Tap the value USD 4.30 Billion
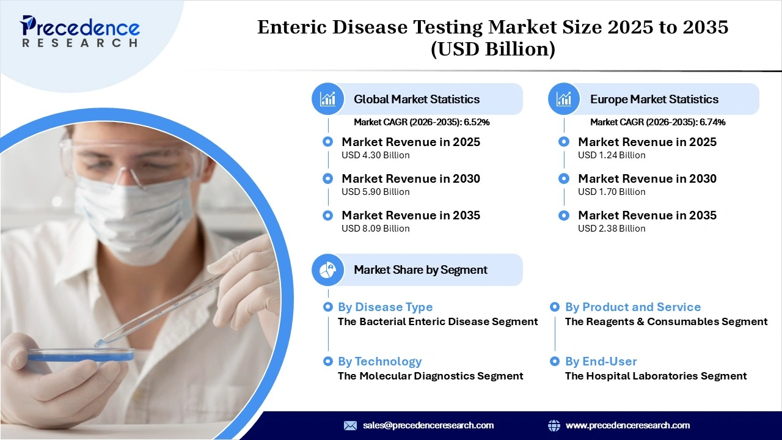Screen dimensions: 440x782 pos(375,155)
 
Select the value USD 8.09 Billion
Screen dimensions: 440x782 pos(375,229)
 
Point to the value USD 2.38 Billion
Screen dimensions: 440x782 pos(612,229)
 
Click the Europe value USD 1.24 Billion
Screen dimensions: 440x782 pos(612,155)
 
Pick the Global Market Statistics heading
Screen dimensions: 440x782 pos(417,99)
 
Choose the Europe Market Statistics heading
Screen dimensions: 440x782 pos(654,99)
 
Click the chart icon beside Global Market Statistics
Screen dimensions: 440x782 pos(328,99)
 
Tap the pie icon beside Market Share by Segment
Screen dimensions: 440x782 pos(328,269)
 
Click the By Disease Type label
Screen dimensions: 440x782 pos(385,307)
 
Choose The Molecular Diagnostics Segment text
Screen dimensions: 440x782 pos(430,376)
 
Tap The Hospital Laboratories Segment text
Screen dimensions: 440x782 pos(656,376)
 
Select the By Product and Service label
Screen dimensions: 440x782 pos(632,307)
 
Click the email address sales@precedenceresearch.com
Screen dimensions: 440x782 pos(428,425)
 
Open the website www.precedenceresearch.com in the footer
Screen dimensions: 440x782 pos(627,425)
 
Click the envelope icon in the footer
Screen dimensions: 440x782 pos(350,425)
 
